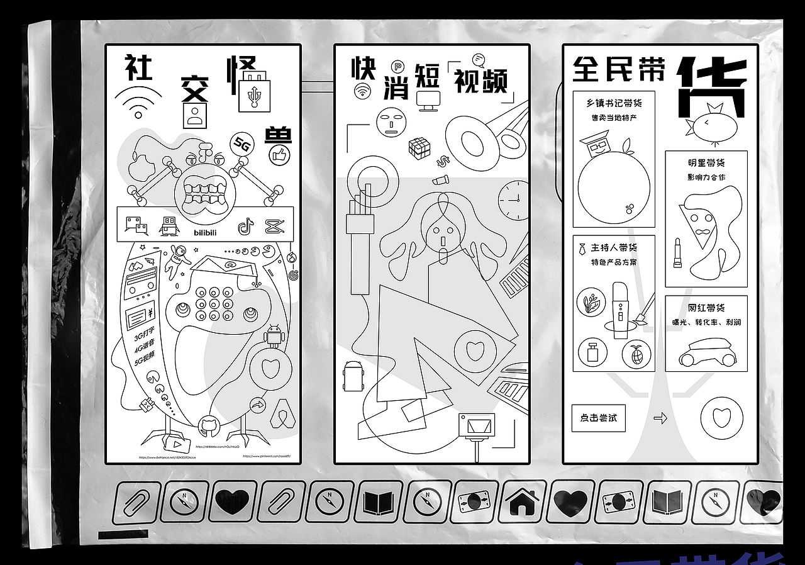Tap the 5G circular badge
241,144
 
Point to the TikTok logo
245,226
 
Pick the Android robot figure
274,336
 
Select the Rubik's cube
419,147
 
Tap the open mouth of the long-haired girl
443,241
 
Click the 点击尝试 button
598,418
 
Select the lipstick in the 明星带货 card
677,252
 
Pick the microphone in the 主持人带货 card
619,309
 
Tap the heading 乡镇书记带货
614,103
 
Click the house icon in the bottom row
523,501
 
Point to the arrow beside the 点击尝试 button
660,418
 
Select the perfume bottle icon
592,352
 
